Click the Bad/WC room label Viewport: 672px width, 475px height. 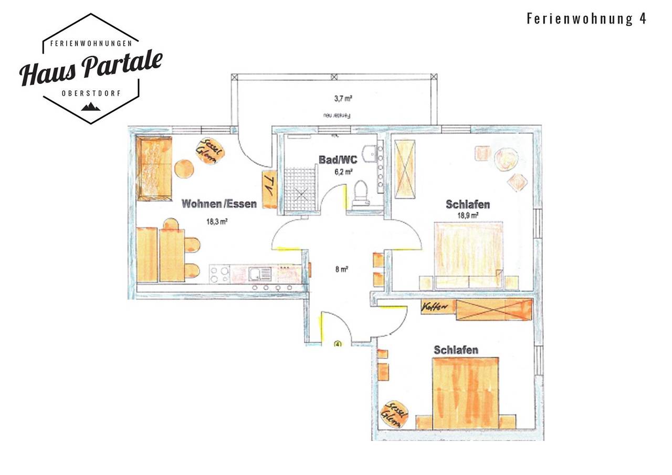click(338, 160)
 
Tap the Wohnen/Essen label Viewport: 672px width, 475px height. click(219, 204)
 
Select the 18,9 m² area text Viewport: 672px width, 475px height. click(468, 215)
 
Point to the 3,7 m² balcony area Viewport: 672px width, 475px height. click(343, 98)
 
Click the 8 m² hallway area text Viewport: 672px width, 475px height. click(342, 269)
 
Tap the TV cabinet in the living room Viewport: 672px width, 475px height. click(269, 189)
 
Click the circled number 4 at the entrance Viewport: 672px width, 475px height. click(338, 344)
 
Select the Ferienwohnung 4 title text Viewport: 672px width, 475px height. click(586, 19)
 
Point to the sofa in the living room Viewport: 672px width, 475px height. click(154, 168)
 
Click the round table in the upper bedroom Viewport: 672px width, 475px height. click(506, 159)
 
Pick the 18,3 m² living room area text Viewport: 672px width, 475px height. click(217, 221)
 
